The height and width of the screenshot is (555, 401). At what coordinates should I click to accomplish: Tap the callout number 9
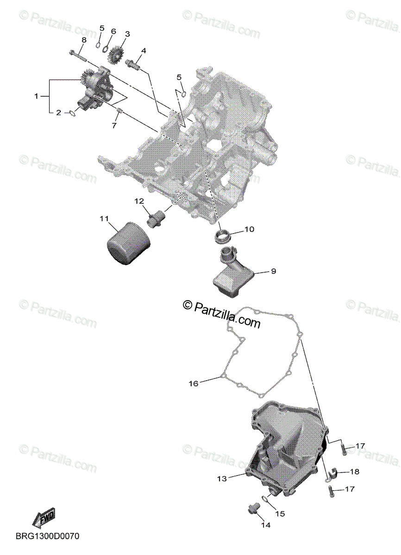point(273,271)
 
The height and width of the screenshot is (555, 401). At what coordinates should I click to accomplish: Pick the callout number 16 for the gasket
point(194,383)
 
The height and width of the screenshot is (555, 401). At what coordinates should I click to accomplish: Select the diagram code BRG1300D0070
point(48,536)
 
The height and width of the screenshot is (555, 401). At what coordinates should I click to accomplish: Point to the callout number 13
point(222,479)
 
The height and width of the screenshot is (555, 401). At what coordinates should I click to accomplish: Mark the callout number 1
point(36,96)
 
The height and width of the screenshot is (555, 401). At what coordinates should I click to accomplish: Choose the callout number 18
point(354,472)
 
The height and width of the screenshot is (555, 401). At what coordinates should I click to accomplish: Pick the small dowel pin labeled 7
point(119,111)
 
